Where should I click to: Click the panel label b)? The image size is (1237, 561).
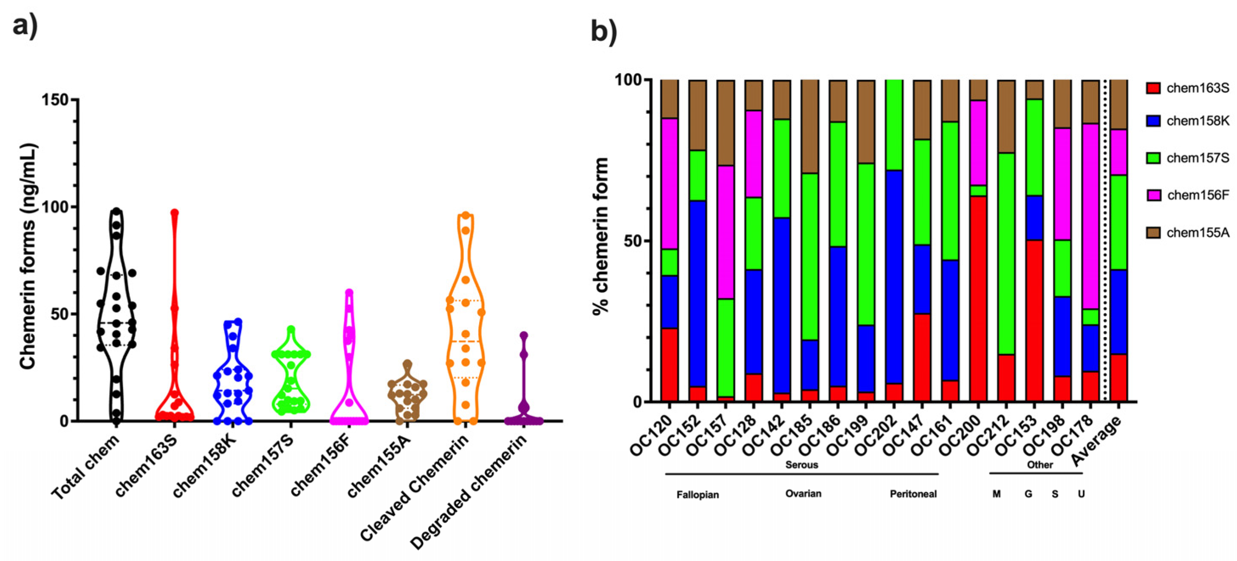tap(604, 32)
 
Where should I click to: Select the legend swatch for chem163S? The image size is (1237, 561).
tap(1153, 88)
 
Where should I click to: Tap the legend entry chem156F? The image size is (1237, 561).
tap(1197, 195)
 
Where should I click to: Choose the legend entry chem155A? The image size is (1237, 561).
tap(1197, 232)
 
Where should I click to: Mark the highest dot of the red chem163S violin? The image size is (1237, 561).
tap(174, 212)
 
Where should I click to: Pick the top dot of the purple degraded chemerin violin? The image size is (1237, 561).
tap(524, 335)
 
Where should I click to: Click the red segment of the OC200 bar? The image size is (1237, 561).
tap(978, 298)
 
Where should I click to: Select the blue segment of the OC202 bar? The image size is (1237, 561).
tap(893, 276)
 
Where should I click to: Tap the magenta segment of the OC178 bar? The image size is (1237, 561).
tap(1090, 216)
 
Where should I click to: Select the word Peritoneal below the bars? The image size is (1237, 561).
tap(913, 494)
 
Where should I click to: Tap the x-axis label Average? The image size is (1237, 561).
tap(1098, 441)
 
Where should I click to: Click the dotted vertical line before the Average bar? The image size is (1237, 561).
tap(1106, 240)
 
